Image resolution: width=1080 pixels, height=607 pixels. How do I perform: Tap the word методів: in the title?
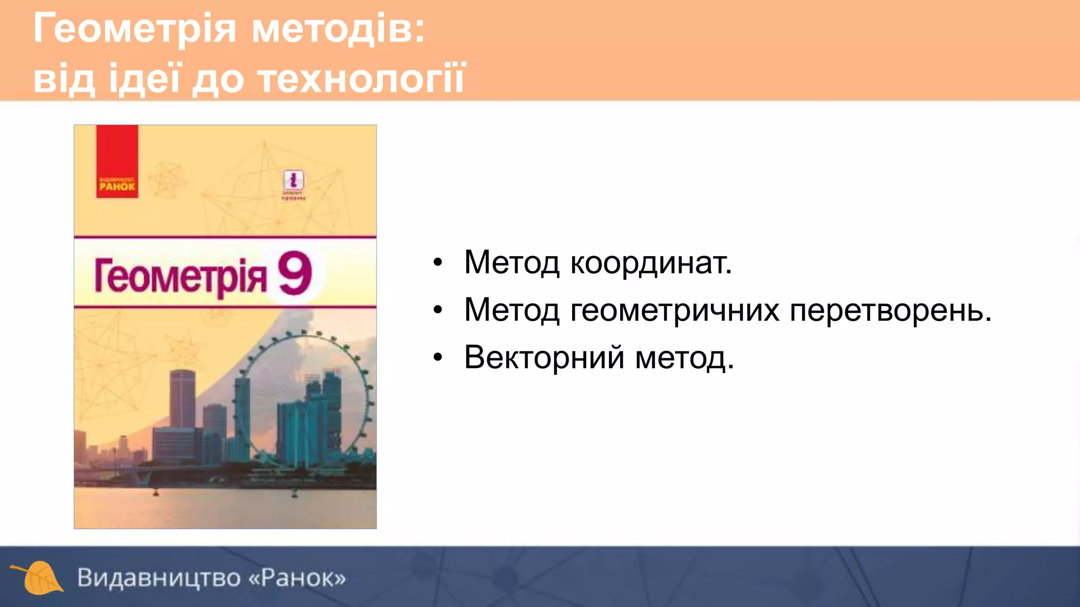click(338, 30)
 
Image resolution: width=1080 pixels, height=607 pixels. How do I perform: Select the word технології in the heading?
click(362, 79)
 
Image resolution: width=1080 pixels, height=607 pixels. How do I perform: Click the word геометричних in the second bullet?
click(674, 310)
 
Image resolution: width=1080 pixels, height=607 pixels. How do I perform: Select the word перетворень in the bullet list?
click(890, 310)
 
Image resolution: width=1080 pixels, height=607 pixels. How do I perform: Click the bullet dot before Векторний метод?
click(438, 358)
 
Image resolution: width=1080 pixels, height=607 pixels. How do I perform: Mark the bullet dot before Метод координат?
click(438, 262)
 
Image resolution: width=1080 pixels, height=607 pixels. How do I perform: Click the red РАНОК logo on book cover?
click(117, 162)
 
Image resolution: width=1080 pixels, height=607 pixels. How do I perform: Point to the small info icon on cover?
click(293, 181)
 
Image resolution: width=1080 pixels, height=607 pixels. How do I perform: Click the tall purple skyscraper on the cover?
click(182, 400)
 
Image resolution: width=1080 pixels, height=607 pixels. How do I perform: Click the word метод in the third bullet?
click(684, 358)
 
